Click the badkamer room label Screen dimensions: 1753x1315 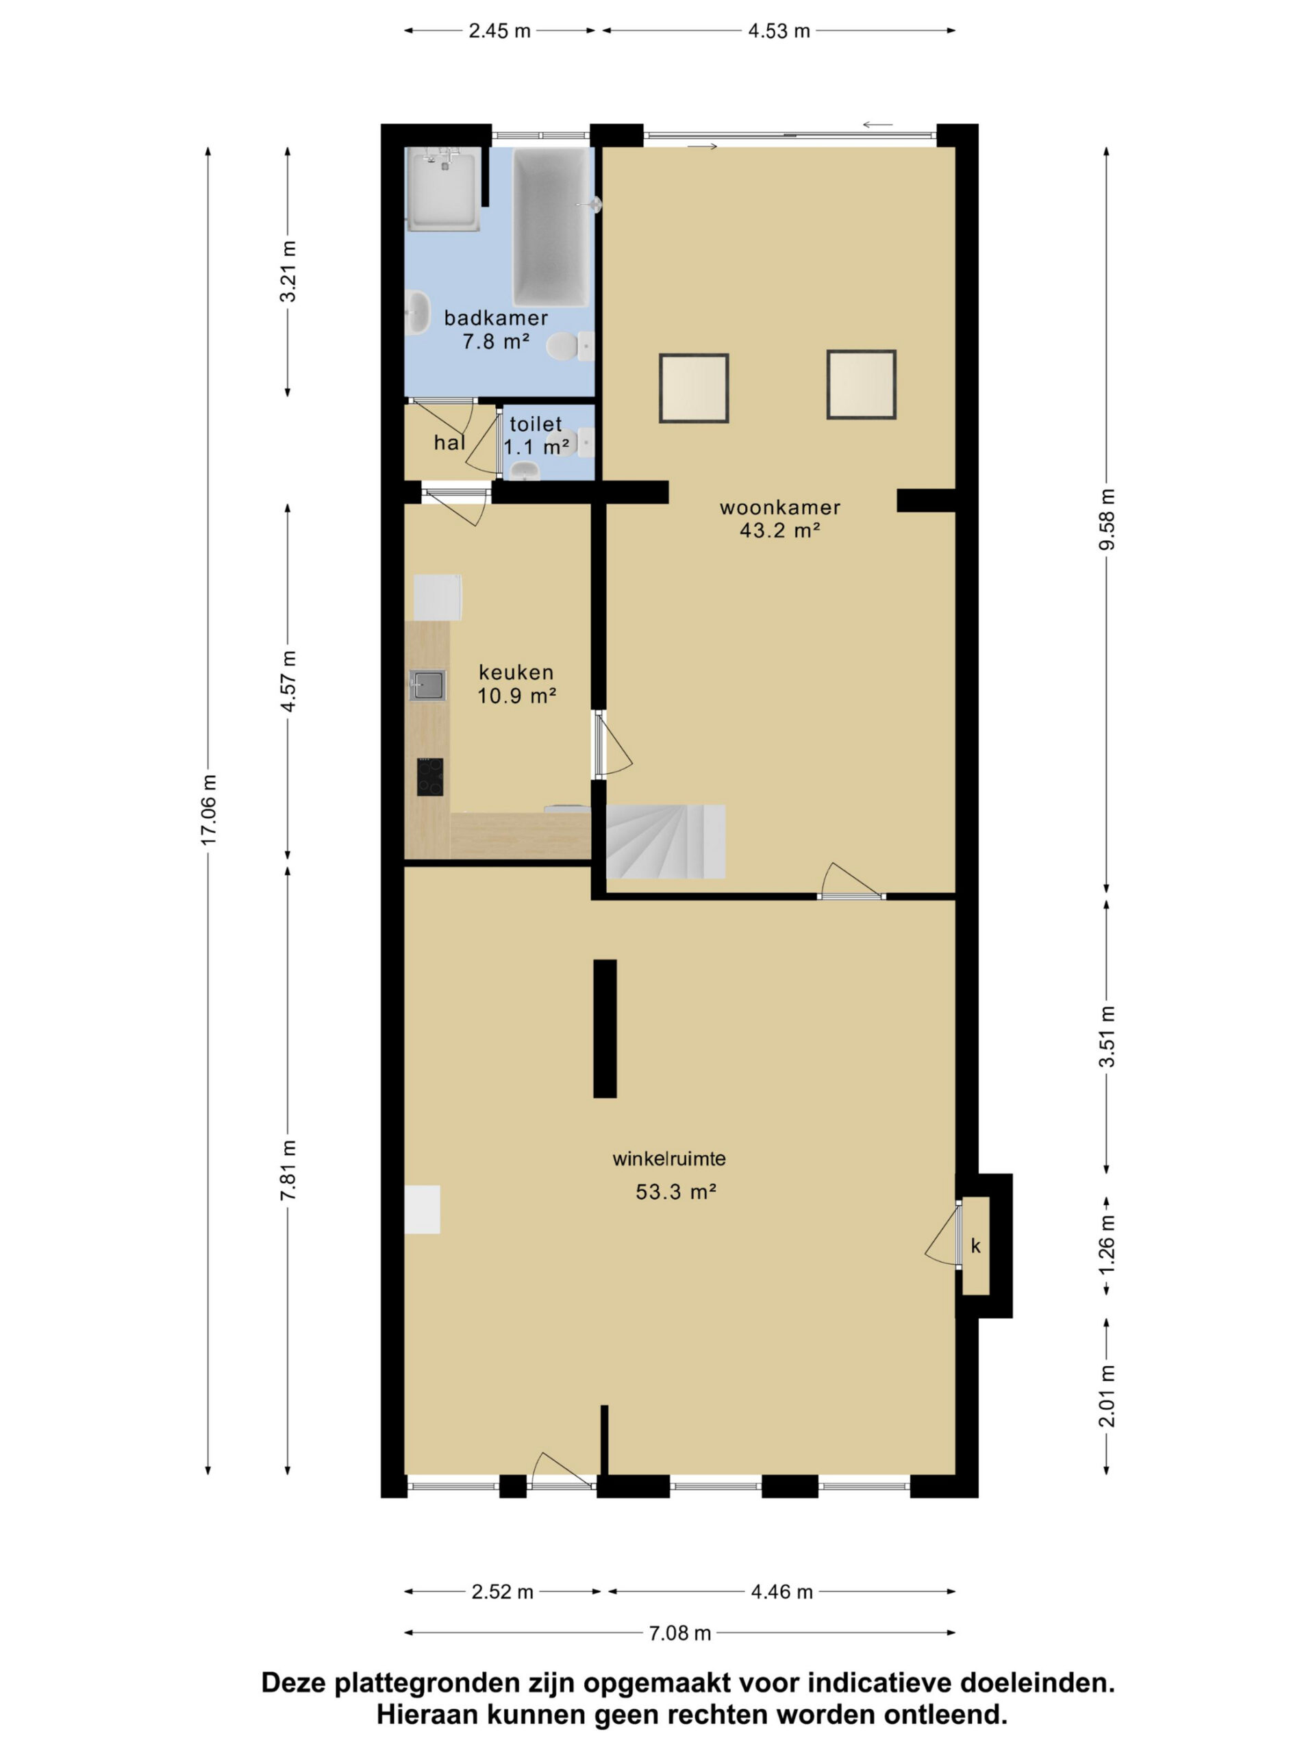click(x=495, y=318)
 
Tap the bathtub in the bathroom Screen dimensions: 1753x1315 click(x=551, y=227)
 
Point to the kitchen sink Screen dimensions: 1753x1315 click(x=427, y=685)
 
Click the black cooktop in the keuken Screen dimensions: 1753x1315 click(x=429, y=777)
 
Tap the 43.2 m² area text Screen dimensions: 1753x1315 click(x=779, y=531)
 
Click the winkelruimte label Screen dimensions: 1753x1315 click(x=669, y=1159)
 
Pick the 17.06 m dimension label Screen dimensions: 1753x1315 click(x=208, y=809)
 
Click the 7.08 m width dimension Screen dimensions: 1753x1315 click(x=679, y=1632)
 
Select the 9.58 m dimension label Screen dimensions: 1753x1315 click(x=1107, y=519)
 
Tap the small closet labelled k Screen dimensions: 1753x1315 click(x=976, y=1246)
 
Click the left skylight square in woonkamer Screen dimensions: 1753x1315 click(x=694, y=388)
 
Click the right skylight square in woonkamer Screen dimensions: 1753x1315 click(x=861, y=384)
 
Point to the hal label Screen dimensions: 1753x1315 click(x=449, y=443)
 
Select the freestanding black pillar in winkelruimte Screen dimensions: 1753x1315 click(x=605, y=1029)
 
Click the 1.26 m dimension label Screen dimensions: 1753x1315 click(x=1107, y=1244)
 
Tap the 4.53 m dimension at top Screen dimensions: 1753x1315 click(x=778, y=31)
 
